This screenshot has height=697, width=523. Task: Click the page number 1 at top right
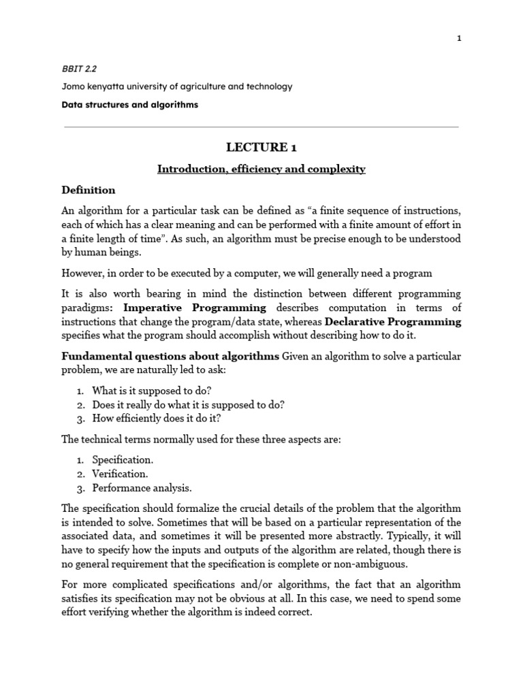pos(460,38)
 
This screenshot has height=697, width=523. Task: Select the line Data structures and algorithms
pos(130,105)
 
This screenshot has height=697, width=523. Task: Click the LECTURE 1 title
pos(261,148)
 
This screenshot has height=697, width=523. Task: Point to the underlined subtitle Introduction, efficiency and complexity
pos(261,169)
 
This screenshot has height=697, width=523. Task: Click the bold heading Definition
pos(89,190)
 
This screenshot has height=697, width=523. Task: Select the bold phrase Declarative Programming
pos(393,321)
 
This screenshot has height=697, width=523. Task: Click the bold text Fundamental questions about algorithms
pos(170,357)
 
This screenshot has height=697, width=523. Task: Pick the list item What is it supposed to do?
pos(152,391)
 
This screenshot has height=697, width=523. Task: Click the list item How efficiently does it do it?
pos(157,418)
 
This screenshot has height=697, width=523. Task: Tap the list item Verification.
pos(120,474)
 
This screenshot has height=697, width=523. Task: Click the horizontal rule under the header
pos(261,127)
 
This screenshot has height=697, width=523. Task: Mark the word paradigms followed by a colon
pos(89,308)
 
